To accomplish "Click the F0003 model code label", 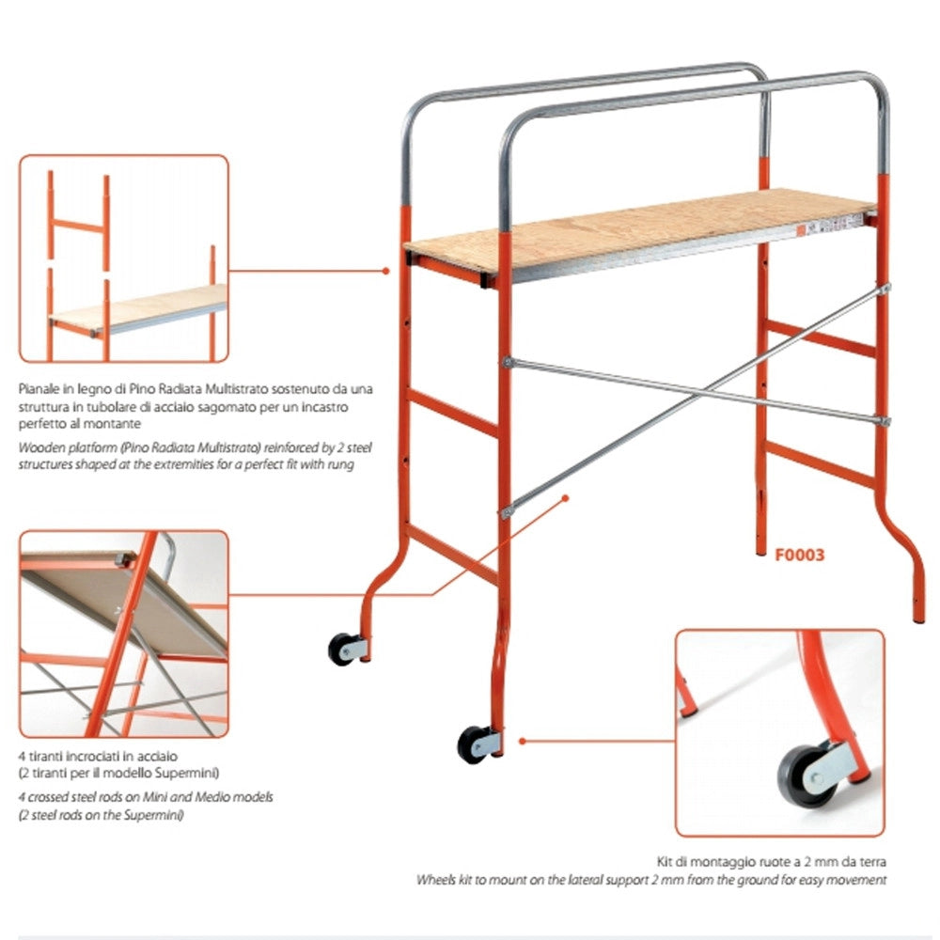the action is [x=800, y=556].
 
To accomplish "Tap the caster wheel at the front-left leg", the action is [x=342, y=650].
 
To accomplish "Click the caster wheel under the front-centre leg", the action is [x=473, y=744].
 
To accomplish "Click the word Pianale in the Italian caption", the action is [x=39, y=389].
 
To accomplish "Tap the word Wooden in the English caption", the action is [x=40, y=447].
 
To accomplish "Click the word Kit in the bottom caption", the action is [x=665, y=861].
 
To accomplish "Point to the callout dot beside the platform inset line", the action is [x=385, y=271].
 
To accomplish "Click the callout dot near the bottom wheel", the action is [x=522, y=742].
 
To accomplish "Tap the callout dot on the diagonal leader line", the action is [x=565, y=498].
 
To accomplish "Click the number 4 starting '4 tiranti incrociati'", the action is [x=23, y=757].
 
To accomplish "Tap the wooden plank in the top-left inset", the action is [x=138, y=307].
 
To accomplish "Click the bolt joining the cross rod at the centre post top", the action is [x=508, y=362].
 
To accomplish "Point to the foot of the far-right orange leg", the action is [x=918, y=618].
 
